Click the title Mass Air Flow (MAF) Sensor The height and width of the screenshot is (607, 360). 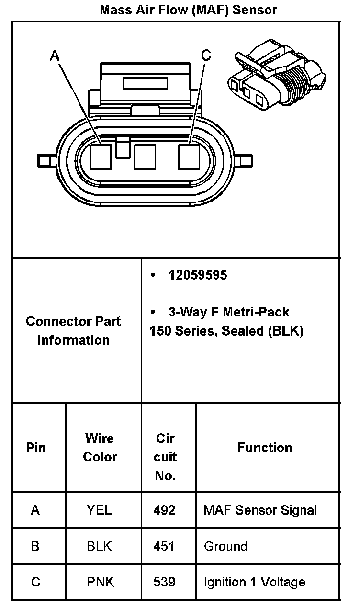(x=188, y=10)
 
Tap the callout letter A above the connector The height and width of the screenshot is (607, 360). (x=55, y=56)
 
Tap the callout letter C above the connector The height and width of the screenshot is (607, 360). (x=206, y=56)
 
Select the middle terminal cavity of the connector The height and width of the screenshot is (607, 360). (x=145, y=157)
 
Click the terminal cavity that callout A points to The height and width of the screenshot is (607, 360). (x=101, y=157)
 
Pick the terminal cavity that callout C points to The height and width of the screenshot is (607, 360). (x=189, y=157)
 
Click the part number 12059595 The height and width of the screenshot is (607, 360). (x=197, y=275)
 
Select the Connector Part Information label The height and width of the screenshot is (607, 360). (x=73, y=330)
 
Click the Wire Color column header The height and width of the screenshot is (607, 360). (x=100, y=448)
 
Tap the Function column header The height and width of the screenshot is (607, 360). (x=264, y=448)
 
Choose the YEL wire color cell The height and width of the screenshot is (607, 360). (x=99, y=510)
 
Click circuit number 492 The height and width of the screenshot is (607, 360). (x=164, y=510)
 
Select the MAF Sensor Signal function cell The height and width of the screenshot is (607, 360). (x=260, y=510)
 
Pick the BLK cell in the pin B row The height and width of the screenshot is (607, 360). (x=99, y=546)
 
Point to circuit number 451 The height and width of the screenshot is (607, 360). (x=164, y=546)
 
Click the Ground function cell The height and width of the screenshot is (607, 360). (x=225, y=546)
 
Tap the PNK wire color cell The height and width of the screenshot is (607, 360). (x=100, y=582)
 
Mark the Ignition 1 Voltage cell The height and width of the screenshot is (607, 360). (x=254, y=582)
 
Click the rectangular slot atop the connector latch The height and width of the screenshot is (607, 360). (x=144, y=83)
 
